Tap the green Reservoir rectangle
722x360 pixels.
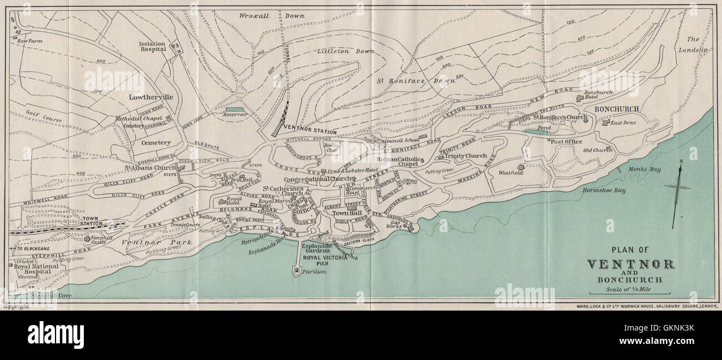click(234, 109)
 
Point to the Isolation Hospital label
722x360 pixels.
click(152, 45)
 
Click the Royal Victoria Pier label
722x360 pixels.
click(325, 258)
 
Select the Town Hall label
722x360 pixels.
click(347, 213)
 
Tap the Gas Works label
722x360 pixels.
click(394, 224)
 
